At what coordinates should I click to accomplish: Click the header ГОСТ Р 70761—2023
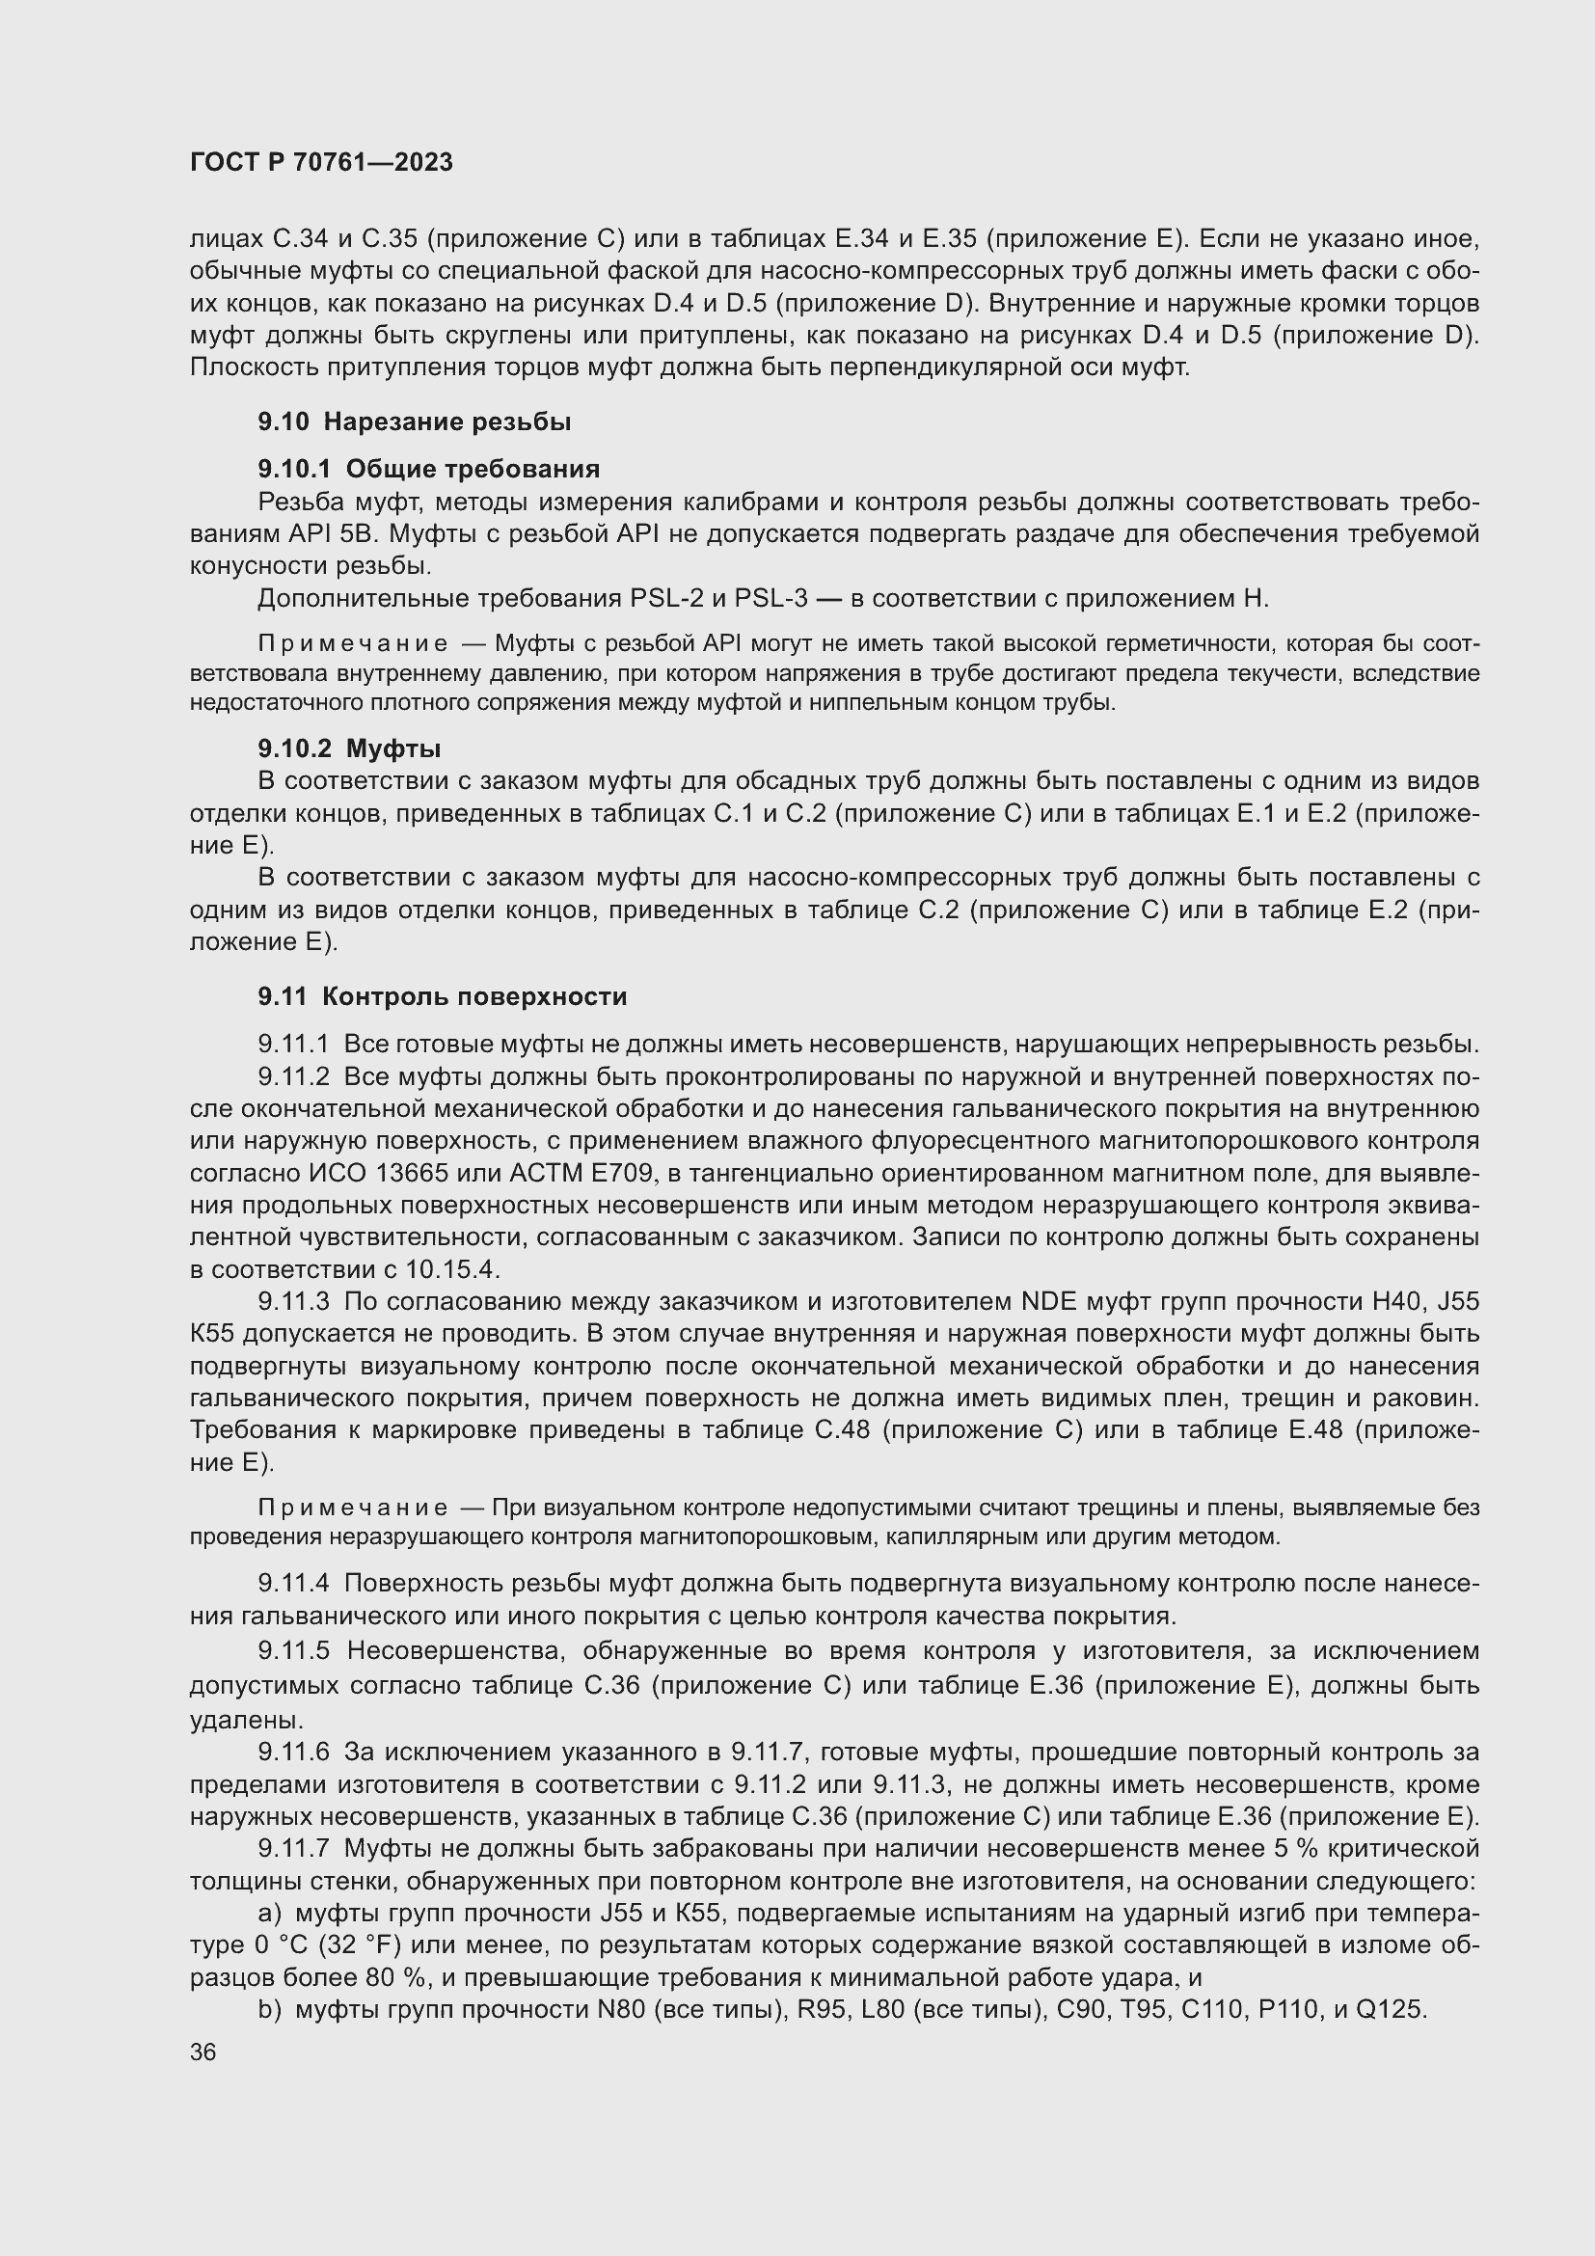pos(321,162)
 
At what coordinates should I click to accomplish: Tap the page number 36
pos(203,2052)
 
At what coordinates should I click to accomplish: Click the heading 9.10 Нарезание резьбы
pos(415,421)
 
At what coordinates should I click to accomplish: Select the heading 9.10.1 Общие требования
pos(428,469)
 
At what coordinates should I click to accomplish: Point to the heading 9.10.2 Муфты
pos(349,748)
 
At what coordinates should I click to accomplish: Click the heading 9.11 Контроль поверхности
pos(442,996)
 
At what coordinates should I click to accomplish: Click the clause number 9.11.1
pos(294,1045)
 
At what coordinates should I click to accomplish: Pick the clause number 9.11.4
pos(294,1584)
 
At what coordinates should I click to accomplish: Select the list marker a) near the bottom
pos(270,1913)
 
